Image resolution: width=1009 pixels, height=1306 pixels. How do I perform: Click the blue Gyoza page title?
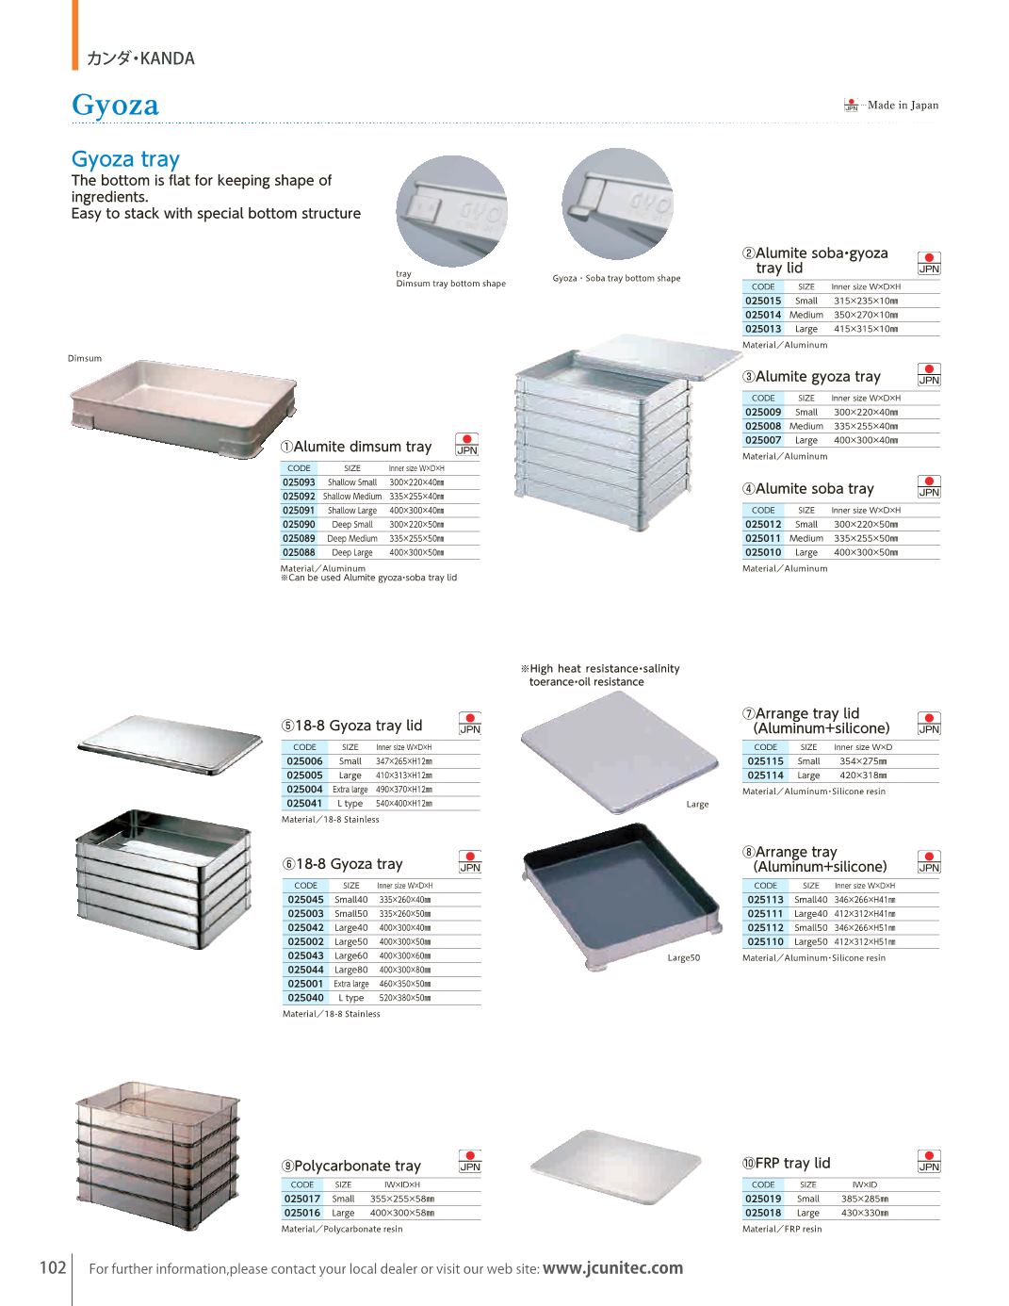[115, 106]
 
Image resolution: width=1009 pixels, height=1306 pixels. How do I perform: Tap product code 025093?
[299, 482]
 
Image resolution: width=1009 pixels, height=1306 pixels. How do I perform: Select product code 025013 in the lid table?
[763, 329]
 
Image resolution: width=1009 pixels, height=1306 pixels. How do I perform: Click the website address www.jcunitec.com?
[612, 1268]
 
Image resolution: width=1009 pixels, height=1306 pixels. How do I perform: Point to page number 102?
[53, 1267]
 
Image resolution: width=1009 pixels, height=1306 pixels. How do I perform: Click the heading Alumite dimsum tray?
[356, 447]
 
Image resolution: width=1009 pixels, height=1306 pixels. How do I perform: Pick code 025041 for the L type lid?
[304, 803]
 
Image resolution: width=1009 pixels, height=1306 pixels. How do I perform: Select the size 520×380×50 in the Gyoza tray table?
[405, 998]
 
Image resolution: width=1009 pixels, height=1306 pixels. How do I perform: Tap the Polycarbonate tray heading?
[351, 1166]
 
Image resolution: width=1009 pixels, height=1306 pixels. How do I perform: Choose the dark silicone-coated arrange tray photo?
[622, 896]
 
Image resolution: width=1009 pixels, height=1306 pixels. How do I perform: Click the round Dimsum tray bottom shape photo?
[451, 211]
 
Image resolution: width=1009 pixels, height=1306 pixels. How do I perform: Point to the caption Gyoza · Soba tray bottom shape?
[616, 278]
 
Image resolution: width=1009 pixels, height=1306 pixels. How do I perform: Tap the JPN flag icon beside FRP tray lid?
[929, 1161]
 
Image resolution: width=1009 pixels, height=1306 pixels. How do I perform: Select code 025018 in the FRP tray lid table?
[763, 1213]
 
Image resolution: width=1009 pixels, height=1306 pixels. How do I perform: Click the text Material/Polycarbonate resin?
[342, 1229]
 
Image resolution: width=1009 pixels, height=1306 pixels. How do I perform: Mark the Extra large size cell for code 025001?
[351, 984]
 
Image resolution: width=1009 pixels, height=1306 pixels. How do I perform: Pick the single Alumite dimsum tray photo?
[184, 409]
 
